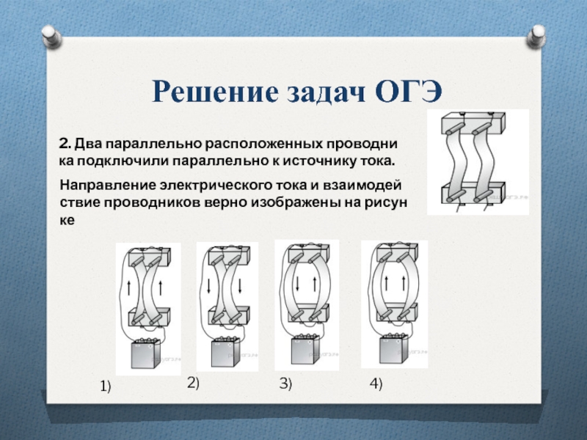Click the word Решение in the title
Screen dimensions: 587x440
pyautogui.click(x=211, y=92)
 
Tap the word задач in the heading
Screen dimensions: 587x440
pyautogui.click(x=321, y=93)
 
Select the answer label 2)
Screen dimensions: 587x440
pyautogui.click(x=193, y=381)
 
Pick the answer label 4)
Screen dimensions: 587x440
pyautogui.click(x=376, y=384)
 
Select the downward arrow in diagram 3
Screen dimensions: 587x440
pyautogui.click(x=297, y=282)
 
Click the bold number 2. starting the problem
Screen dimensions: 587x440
pyautogui.click(x=64, y=143)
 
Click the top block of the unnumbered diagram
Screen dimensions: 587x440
pyautogui.click(x=476, y=121)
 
